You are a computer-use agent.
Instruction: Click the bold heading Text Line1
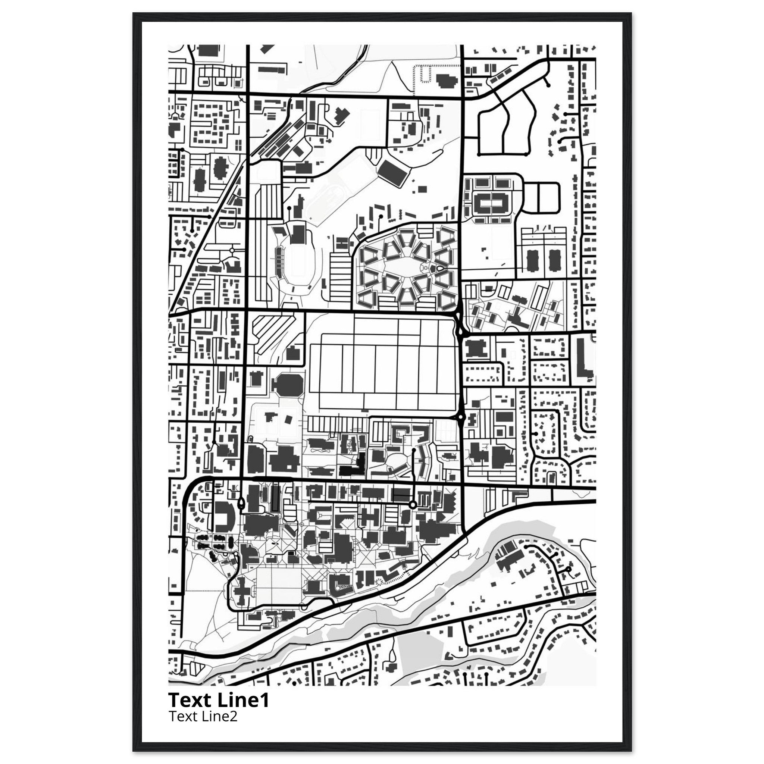point(219,700)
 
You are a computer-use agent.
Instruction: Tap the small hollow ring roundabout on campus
point(413,505)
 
